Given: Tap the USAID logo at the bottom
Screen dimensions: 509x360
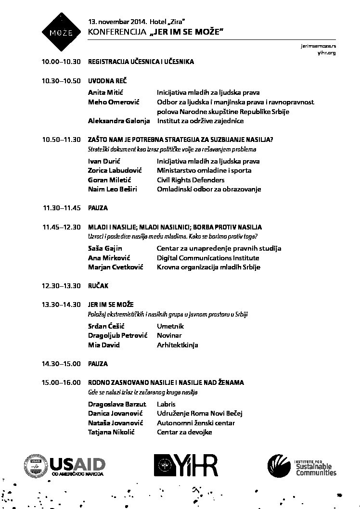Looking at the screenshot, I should pos(64,465).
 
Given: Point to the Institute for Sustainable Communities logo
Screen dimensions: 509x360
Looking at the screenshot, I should pos(302,466).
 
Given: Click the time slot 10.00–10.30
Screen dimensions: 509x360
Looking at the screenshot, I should pos(61,62).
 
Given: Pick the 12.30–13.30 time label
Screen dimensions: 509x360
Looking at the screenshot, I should pos(61,286).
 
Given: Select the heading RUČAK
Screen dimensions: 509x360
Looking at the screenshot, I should pos(98,286).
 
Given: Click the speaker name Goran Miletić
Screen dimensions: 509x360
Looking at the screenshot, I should pos(109,180).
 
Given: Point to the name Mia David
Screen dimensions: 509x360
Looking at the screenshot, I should pos(104,345).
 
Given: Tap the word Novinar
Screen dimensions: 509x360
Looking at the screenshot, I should pos(169,335).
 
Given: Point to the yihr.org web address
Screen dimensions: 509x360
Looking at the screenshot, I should pos(326,52).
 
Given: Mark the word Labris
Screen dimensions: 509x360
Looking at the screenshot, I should pos(166,404).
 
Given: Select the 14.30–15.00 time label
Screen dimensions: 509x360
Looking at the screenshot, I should pos(61,364).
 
